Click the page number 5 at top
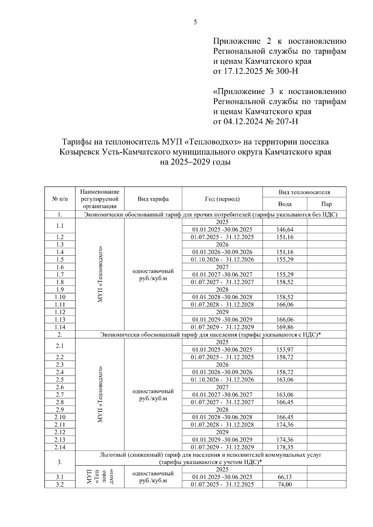tap(195, 22)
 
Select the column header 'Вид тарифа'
tap(153, 199)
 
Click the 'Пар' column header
tap(326, 204)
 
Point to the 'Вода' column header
tap(285, 204)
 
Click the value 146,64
tap(285, 230)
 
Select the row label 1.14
tap(60, 327)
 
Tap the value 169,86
tap(285, 327)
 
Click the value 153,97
tap(285, 350)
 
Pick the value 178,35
tap(285, 447)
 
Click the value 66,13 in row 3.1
tap(285, 477)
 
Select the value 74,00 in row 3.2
tap(285, 484)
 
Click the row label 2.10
tap(60, 417)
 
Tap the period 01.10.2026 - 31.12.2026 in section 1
tap(222, 259)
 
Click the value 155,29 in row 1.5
tap(285, 259)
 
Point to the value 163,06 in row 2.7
tap(285, 395)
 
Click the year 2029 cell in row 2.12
tap(222, 432)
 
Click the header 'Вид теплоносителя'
tap(304, 192)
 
